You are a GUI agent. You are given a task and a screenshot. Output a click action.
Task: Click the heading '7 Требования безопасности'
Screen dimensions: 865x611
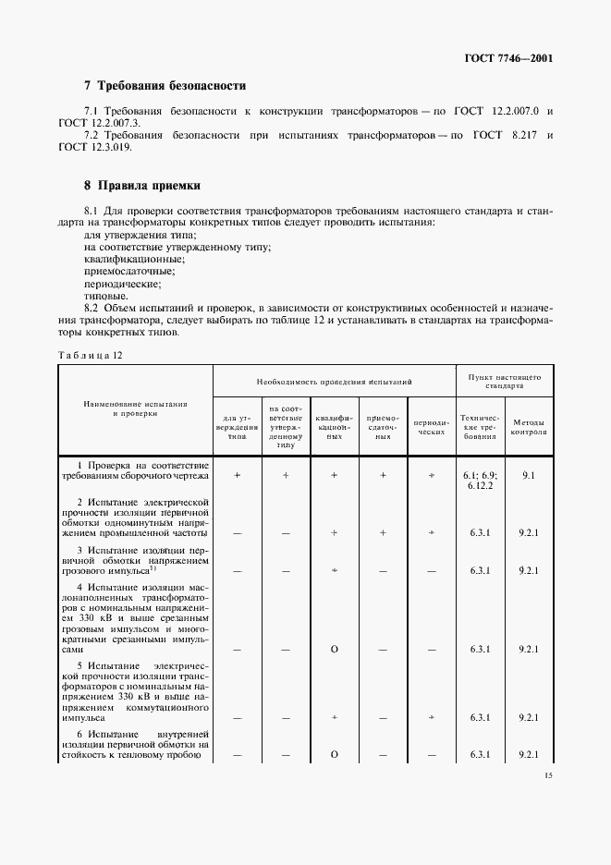tap(165, 86)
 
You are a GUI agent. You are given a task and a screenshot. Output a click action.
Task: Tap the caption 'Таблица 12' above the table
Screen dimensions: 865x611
tap(90, 355)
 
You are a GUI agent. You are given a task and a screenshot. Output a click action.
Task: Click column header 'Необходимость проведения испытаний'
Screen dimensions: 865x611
tap(334, 381)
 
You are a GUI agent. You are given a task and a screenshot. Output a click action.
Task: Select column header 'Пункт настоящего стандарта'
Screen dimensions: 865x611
tap(505, 381)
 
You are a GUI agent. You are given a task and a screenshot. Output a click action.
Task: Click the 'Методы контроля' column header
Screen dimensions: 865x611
tap(529, 425)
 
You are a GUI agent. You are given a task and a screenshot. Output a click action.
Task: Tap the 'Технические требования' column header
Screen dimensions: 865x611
tap(480, 425)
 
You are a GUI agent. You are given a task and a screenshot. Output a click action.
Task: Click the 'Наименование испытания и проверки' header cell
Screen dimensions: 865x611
tap(136, 409)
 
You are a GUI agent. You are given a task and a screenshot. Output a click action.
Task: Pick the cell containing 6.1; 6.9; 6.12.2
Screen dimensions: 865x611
tap(480, 479)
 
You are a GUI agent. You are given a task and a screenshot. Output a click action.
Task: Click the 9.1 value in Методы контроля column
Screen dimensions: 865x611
tap(529, 474)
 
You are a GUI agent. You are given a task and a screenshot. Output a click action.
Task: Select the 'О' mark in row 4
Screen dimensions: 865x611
tap(334, 650)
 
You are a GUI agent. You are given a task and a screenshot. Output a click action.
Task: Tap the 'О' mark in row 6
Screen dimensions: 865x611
tap(334, 755)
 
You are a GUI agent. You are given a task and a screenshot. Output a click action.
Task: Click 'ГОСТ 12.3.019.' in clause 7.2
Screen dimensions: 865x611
tap(95, 148)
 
